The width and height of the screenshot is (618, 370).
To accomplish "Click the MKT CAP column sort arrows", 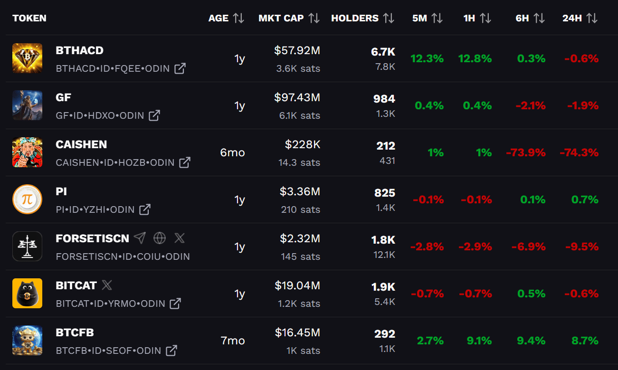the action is [x=314, y=18].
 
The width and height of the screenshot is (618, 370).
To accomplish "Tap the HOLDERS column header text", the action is [x=355, y=18].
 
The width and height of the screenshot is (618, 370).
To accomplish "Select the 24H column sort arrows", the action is [x=592, y=18].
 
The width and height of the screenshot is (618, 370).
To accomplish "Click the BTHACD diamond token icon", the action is [x=27, y=58].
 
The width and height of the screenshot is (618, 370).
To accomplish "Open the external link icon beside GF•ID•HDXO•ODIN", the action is [x=154, y=115].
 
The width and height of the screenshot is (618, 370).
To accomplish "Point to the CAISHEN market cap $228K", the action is [x=303, y=144].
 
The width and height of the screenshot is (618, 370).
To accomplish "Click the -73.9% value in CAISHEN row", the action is [x=526, y=152].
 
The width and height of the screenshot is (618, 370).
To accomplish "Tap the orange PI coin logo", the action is [x=27, y=199].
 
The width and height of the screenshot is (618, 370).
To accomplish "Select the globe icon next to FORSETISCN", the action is [x=160, y=238].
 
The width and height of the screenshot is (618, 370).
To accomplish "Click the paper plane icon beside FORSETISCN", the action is [x=140, y=238].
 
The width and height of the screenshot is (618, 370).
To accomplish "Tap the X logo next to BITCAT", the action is [x=107, y=285].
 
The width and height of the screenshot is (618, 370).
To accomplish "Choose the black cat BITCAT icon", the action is [x=27, y=294].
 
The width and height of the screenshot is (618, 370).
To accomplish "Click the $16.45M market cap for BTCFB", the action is [x=297, y=332].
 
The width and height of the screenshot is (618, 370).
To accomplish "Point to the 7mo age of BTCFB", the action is [x=233, y=341].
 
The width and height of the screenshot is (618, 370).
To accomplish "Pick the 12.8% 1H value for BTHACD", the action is [x=475, y=58].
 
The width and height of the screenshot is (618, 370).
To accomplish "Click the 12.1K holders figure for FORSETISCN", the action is [x=384, y=255].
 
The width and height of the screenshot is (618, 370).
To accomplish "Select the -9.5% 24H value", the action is [x=582, y=247].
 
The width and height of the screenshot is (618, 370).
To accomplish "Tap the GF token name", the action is [x=64, y=97].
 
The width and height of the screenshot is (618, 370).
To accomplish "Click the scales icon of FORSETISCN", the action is [x=27, y=247].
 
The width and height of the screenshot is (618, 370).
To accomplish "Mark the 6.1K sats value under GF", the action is [x=300, y=115].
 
